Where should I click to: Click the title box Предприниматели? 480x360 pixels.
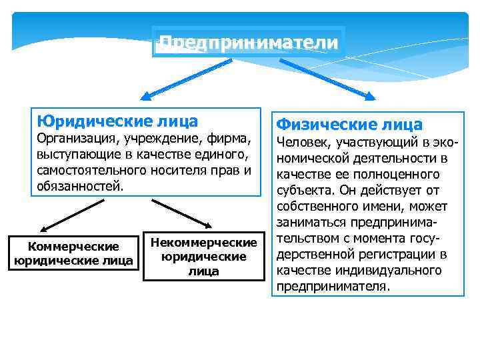pyautogui.click(x=249, y=42)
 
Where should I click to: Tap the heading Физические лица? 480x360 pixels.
pyautogui.click(x=349, y=124)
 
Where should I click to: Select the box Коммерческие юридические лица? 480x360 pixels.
pyautogui.click(x=73, y=253)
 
